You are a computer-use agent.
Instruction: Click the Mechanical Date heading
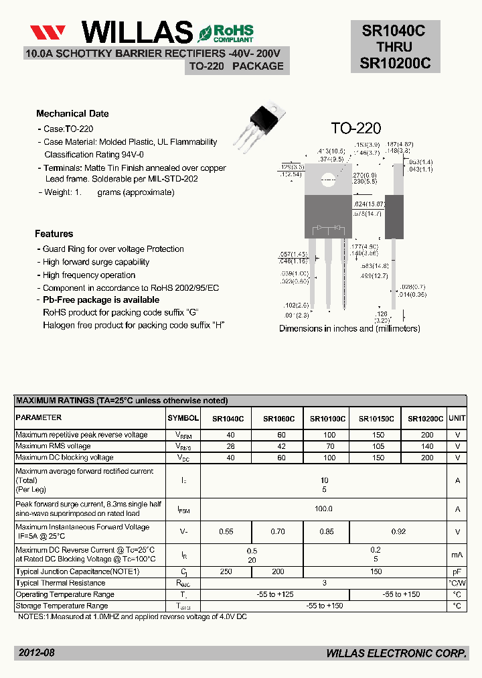tap(72, 114)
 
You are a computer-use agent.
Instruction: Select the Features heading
tap(54, 234)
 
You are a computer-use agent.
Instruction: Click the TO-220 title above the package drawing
tap(355, 128)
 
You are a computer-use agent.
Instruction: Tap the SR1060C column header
tap(278, 419)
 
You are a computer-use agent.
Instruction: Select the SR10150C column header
tap(376, 419)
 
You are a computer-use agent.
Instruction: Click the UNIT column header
tap(457, 418)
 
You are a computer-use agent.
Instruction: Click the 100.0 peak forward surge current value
tap(323, 508)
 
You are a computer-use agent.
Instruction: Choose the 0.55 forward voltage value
tap(226, 532)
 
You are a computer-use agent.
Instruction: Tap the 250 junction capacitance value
tap(226, 571)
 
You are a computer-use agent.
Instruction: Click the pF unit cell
tap(457, 571)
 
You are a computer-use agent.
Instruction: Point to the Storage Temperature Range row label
tap(65, 606)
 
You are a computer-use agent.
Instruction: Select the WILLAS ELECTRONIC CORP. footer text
tap(396, 653)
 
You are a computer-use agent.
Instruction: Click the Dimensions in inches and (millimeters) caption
tap(349, 329)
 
